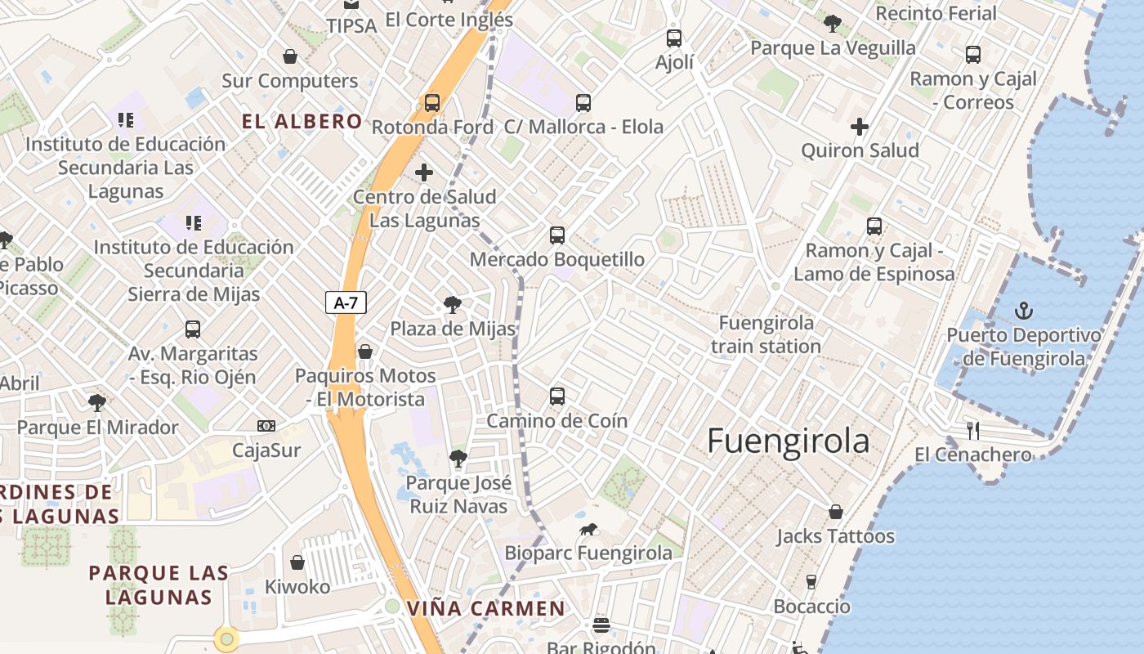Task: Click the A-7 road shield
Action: click(x=346, y=302)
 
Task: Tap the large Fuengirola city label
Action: click(x=788, y=441)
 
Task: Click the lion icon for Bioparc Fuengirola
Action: click(x=588, y=530)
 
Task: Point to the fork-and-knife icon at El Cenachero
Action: click(x=972, y=430)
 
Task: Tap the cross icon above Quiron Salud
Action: click(x=859, y=127)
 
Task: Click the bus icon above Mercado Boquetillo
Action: click(x=557, y=235)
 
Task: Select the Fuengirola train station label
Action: click(x=766, y=334)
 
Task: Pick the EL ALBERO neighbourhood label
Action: click(x=302, y=122)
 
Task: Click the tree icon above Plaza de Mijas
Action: click(x=452, y=305)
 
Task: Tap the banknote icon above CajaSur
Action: click(x=266, y=426)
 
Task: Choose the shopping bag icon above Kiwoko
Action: click(x=297, y=562)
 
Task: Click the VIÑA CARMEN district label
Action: click(x=485, y=608)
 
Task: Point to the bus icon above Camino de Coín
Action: click(x=557, y=396)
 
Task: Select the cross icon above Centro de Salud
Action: click(x=424, y=172)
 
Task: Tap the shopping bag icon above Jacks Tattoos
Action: click(x=836, y=512)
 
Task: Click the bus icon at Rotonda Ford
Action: click(x=432, y=103)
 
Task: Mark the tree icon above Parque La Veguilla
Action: click(x=833, y=23)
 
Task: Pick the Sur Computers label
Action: click(x=290, y=81)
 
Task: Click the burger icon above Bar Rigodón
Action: click(x=601, y=625)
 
